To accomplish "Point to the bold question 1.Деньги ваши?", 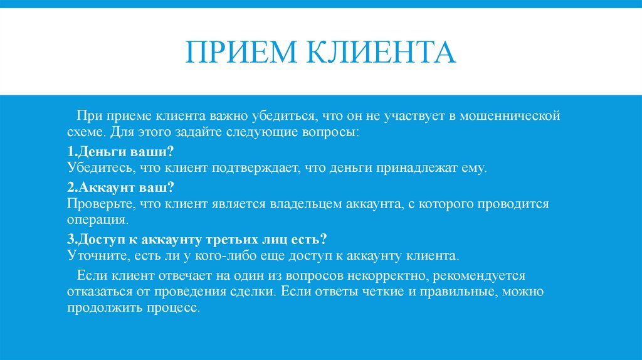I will [x=120, y=152].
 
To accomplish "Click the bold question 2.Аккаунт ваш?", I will [x=120, y=188].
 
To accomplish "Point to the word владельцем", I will [x=305, y=204].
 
